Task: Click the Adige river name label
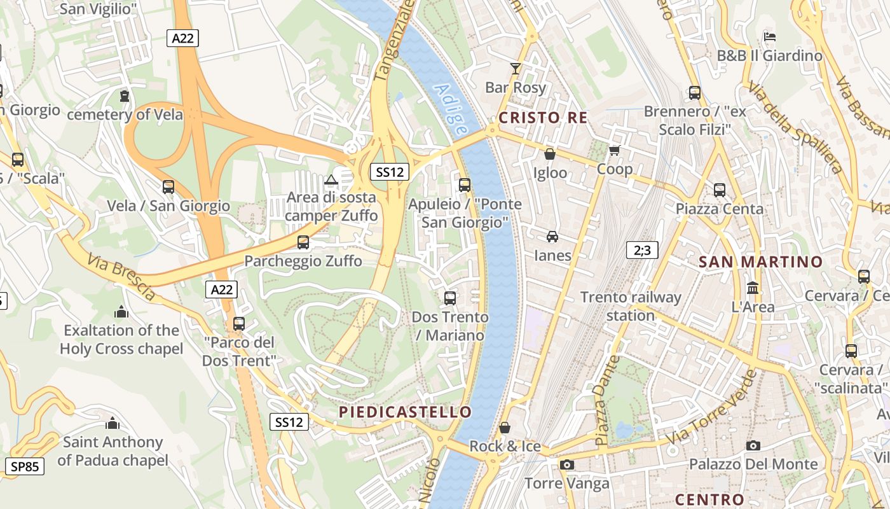(451, 109)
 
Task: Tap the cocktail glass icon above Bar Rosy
(515, 68)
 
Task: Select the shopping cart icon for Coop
(614, 151)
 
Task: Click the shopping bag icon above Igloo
(550, 154)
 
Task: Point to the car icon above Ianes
(552, 237)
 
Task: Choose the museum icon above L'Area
(753, 288)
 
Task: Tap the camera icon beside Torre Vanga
(567, 465)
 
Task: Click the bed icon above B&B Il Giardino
(769, 36)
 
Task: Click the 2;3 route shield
(642, 250)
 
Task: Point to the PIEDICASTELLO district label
(405, 412)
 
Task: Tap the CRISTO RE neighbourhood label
(542, 118)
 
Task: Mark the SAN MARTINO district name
(760, 261)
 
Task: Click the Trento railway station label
(631, 306)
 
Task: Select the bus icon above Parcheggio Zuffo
(303, 242)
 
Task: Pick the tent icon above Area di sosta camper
(331, 179)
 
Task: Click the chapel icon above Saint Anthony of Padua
(113, 423)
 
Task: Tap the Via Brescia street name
(121, 277)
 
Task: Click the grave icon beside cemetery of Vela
(125, 96)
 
